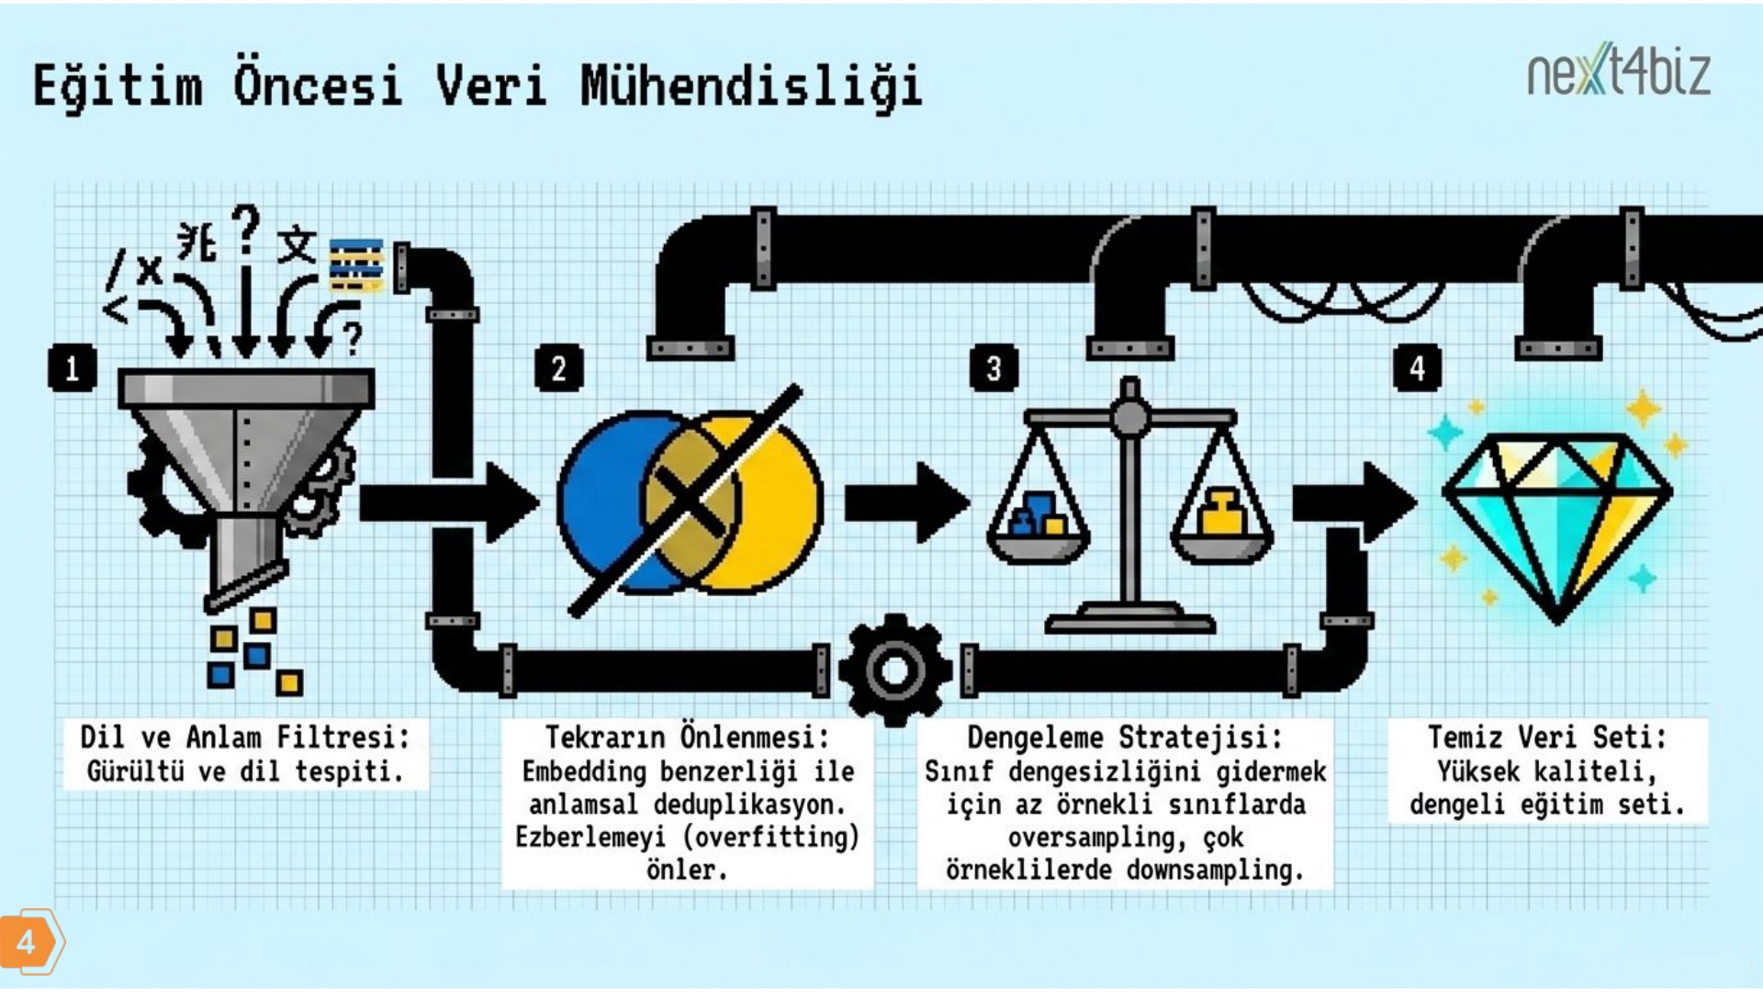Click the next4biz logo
pos(1618,70)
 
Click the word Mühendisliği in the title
pos(751,87)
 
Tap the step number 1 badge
pos(72,368)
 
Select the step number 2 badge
pos(558,368)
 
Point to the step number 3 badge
pos(994,368)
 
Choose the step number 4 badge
pos(1417,368)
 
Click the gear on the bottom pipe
pos(895,670)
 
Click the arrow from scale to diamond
pos(1354,502)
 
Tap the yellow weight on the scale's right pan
pos(1221,513)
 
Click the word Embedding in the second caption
pos(584,772)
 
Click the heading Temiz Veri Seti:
pos(1547,737)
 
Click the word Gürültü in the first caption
pos(135,771)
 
